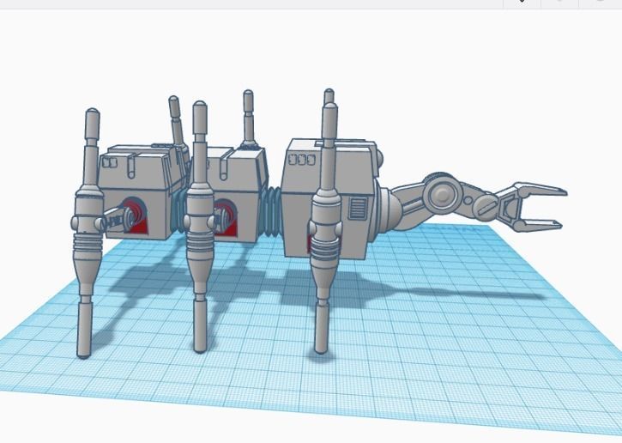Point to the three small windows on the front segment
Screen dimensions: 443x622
coord(301,160)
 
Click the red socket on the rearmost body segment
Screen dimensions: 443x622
coord(134,213)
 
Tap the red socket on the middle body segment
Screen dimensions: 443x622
coord(226,213)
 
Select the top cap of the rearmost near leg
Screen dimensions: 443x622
coord(92,118)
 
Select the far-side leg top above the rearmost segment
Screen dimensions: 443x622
coord(174,107)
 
